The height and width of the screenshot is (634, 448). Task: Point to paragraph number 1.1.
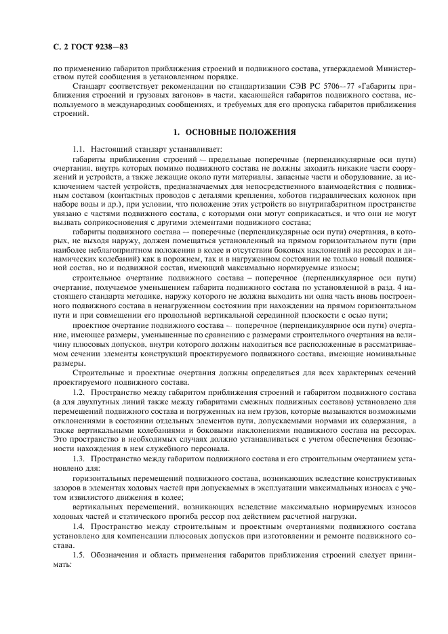click(x=79, y=148)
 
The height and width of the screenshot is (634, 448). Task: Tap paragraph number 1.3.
click(x=79, y=460)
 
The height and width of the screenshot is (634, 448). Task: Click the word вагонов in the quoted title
click(x=153, y=97)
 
